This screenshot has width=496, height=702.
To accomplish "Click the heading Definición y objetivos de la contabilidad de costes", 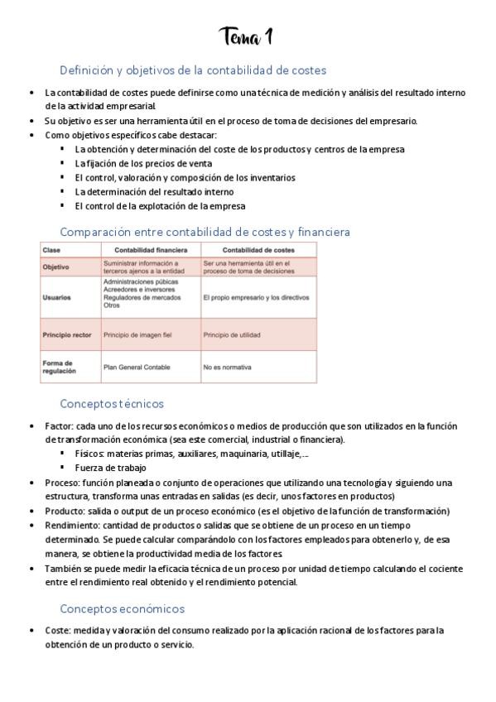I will coord(193,70).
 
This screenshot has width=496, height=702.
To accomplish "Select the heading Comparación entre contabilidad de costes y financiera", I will coord(205,232).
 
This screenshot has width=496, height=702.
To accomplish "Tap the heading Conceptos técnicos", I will coord(112,404).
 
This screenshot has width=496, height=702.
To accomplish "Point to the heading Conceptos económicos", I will coord(122,608).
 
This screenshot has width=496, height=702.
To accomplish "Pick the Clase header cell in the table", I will coord(51,250).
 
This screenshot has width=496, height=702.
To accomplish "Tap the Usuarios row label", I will coord(56,296).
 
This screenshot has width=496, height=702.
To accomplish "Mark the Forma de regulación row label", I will coord(60,366).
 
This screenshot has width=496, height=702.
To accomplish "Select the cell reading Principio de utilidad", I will coord(232,334).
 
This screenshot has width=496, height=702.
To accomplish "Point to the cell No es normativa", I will coord(229,366).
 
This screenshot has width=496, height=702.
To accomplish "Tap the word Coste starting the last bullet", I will coord(58,630).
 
